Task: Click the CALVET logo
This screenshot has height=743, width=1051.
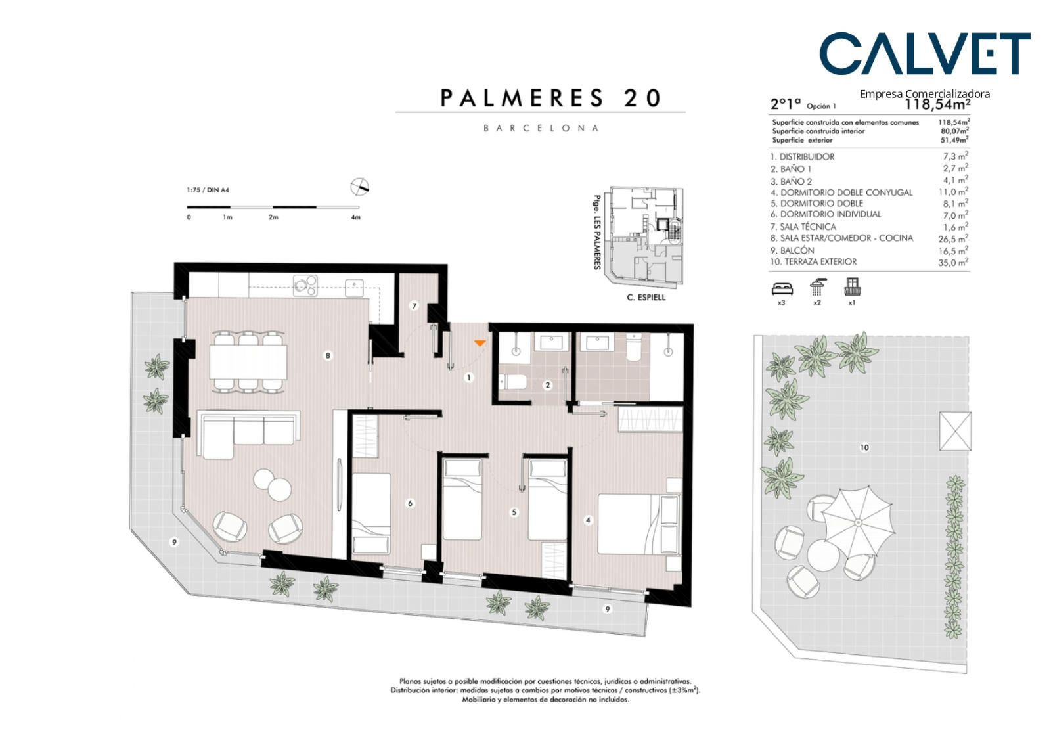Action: tap(925, 53)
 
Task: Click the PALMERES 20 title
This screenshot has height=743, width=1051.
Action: tap(551, 98)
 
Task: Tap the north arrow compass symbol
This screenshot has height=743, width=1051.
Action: tap(360, 187)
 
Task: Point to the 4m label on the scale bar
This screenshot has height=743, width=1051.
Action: tap(355, 217)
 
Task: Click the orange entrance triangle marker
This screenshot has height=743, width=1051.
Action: tap(480, 343)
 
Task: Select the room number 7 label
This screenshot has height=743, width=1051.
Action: tap(414, 306)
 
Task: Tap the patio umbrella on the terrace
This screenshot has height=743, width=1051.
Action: tap(858, 522)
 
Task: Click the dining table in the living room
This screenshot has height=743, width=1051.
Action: tap(248, 361)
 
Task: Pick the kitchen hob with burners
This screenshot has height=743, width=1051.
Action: tap(305, 285)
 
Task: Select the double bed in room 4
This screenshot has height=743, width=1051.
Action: tap(640, 524)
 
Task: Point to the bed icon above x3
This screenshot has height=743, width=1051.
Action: tap(782, 288)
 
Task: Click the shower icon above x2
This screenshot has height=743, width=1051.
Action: tap(818, 286)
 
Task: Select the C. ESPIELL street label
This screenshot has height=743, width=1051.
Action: tap(646, 297)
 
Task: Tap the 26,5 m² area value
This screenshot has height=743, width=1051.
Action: tap(953, 239)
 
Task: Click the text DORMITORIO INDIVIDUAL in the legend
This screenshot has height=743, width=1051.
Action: tap(830, 215)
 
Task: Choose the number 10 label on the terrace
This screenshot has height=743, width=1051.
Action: tap(864, 447)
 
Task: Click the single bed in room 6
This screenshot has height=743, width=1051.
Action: tap(371, 514)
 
